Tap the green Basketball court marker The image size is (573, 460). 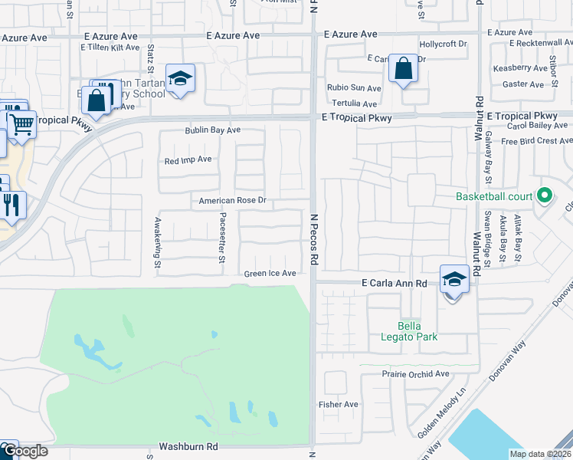coord(545,196)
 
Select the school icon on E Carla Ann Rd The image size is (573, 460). coord(454,281)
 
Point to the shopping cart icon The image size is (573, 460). coord(21,123)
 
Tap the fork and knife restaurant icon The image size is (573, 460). coord(11,205)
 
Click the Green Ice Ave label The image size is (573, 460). coord(270,274)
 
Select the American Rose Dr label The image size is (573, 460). coord(231,201)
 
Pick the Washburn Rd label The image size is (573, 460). coord(188,445)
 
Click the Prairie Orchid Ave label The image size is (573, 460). coord(415,374)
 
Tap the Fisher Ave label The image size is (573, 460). coord(339,404)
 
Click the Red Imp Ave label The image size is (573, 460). coord(188,160)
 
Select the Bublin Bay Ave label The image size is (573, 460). coord(212,130)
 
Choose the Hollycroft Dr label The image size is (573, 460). coord(443,44)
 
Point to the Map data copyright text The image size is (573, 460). coord(539,454)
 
